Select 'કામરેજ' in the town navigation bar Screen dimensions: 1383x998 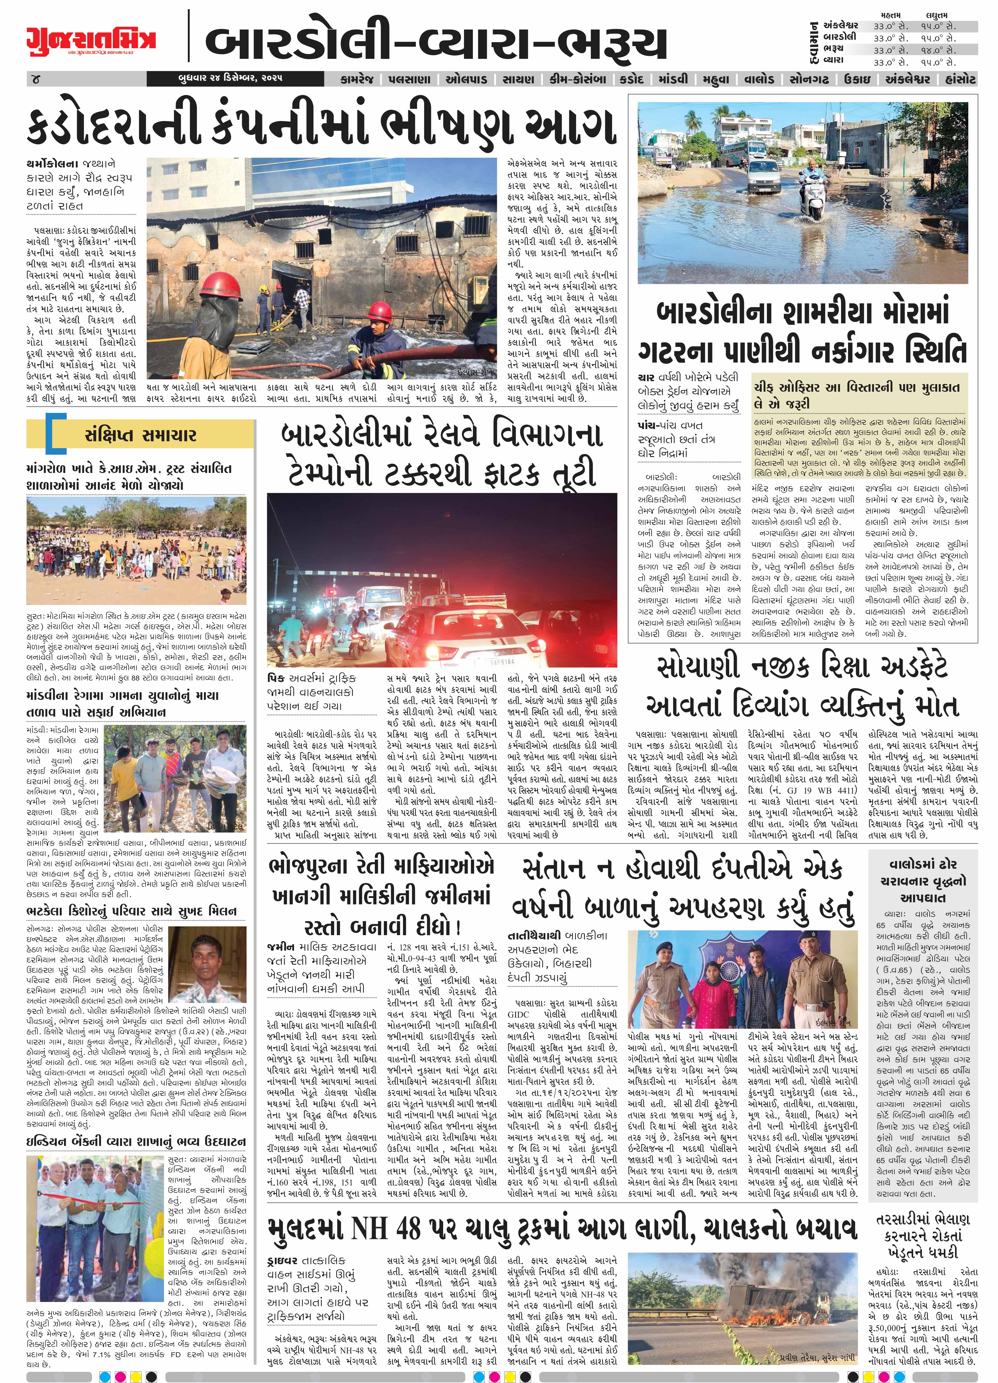(x=361, y=79)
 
